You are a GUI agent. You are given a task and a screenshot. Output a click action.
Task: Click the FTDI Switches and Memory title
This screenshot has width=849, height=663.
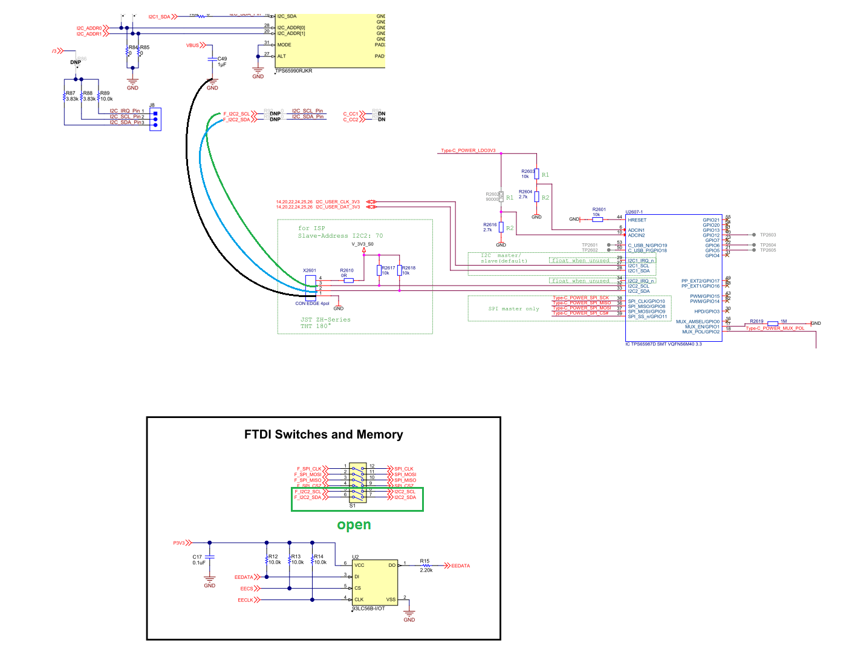pos(324,434)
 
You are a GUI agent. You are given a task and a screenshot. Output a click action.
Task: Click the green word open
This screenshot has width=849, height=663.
pos(354,525)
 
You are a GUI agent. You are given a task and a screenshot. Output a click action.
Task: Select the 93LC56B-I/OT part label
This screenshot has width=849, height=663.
pos(369,608)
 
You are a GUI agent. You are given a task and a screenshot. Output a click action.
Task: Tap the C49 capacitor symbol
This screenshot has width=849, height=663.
pos(212,59)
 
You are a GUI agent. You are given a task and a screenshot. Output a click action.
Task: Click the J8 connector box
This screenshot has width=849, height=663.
pos(155,119)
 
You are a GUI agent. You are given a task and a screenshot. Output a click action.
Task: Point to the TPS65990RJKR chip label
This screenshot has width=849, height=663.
pos(294,71)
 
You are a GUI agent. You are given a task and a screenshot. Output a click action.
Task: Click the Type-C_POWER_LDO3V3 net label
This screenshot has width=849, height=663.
pos(468,151)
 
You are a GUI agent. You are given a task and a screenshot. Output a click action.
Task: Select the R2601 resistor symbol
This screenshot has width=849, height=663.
pos(597,219)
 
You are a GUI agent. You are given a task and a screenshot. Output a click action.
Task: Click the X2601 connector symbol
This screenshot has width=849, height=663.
pos(310,287)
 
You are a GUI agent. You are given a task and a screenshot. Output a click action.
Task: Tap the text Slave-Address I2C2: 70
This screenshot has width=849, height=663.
pos(340,236)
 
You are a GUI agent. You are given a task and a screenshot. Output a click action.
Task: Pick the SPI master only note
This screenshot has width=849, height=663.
pos(513,309)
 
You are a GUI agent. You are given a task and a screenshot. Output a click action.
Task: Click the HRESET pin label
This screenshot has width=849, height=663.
pos(637,220)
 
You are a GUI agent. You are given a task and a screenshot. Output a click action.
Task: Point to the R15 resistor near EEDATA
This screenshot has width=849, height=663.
pos(426,566)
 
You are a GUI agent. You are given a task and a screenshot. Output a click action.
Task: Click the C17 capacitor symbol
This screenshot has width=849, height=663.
pos(209,556)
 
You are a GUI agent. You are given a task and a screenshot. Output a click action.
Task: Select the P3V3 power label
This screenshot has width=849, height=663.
pos(179,543)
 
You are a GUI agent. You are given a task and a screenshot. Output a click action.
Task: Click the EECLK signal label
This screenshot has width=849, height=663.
pos(246,600)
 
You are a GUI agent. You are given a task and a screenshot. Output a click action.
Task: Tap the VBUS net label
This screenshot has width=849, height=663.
pos(192,45)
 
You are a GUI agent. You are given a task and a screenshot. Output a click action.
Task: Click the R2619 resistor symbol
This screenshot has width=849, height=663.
pos(772,324)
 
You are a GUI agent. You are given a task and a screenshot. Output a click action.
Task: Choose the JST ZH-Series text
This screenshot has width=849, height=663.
pos(325,319)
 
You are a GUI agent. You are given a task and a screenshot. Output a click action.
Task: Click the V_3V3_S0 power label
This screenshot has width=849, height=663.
pos(363,244)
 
